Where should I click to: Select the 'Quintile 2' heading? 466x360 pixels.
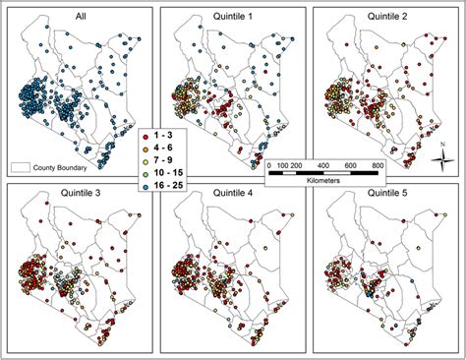tap(386, 15)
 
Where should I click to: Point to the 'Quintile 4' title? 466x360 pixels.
tap(233, 192)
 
